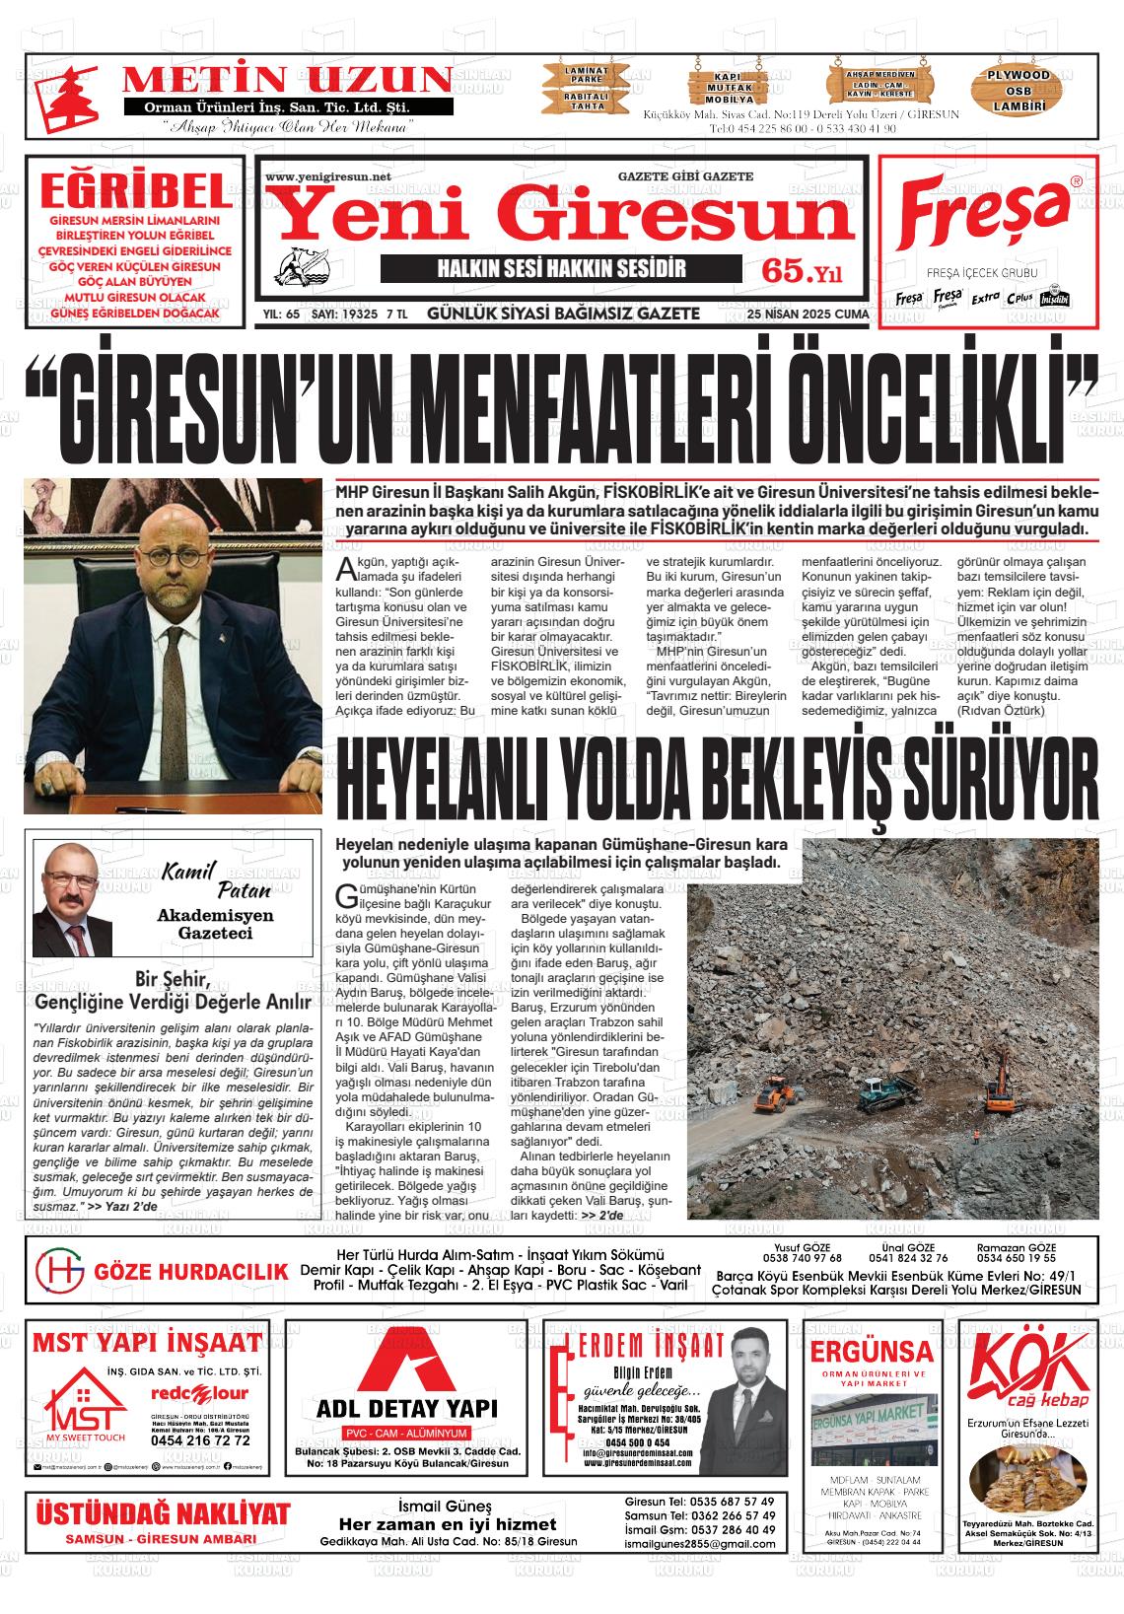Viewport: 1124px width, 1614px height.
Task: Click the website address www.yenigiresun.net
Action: pos(328,177)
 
